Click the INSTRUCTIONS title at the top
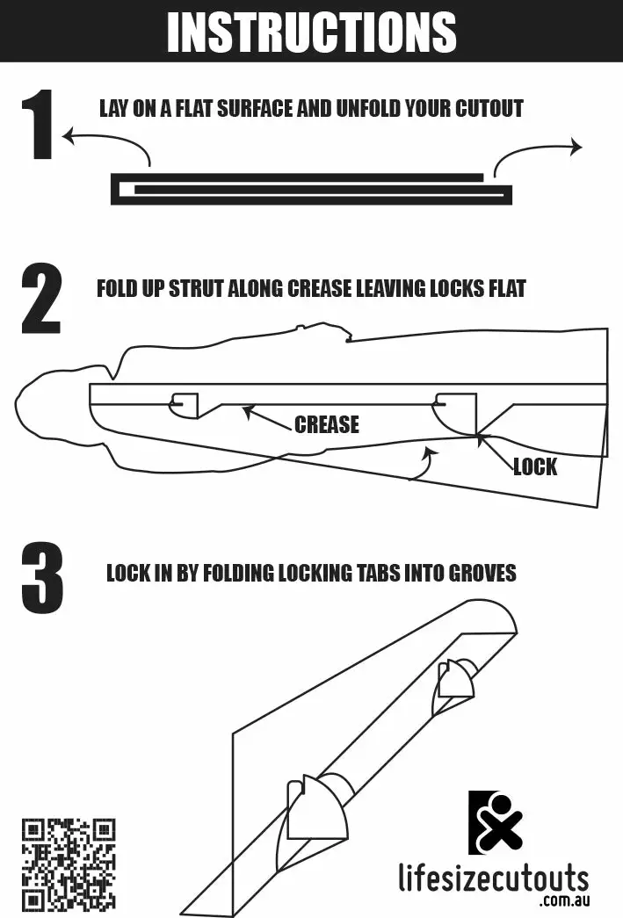pyautogui.click(x=311, y=32)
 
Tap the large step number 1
pyautogui.click(x=39, y=124)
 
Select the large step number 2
pyautogui.click(x=41, y=299)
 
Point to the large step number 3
pyautogui.click(x=42, y=578)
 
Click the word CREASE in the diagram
pyautogui.click(x=327, y=424)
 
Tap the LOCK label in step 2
pyautogui.click(x=535, y=467)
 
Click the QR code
pyautogui.click(x=69, y=865)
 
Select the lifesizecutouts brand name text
pyautogui.click(x=494, y=878)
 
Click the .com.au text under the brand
pyautogui.click(x=566, y=900)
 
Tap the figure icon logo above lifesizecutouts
pyautogui.click(x=496, y=822)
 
